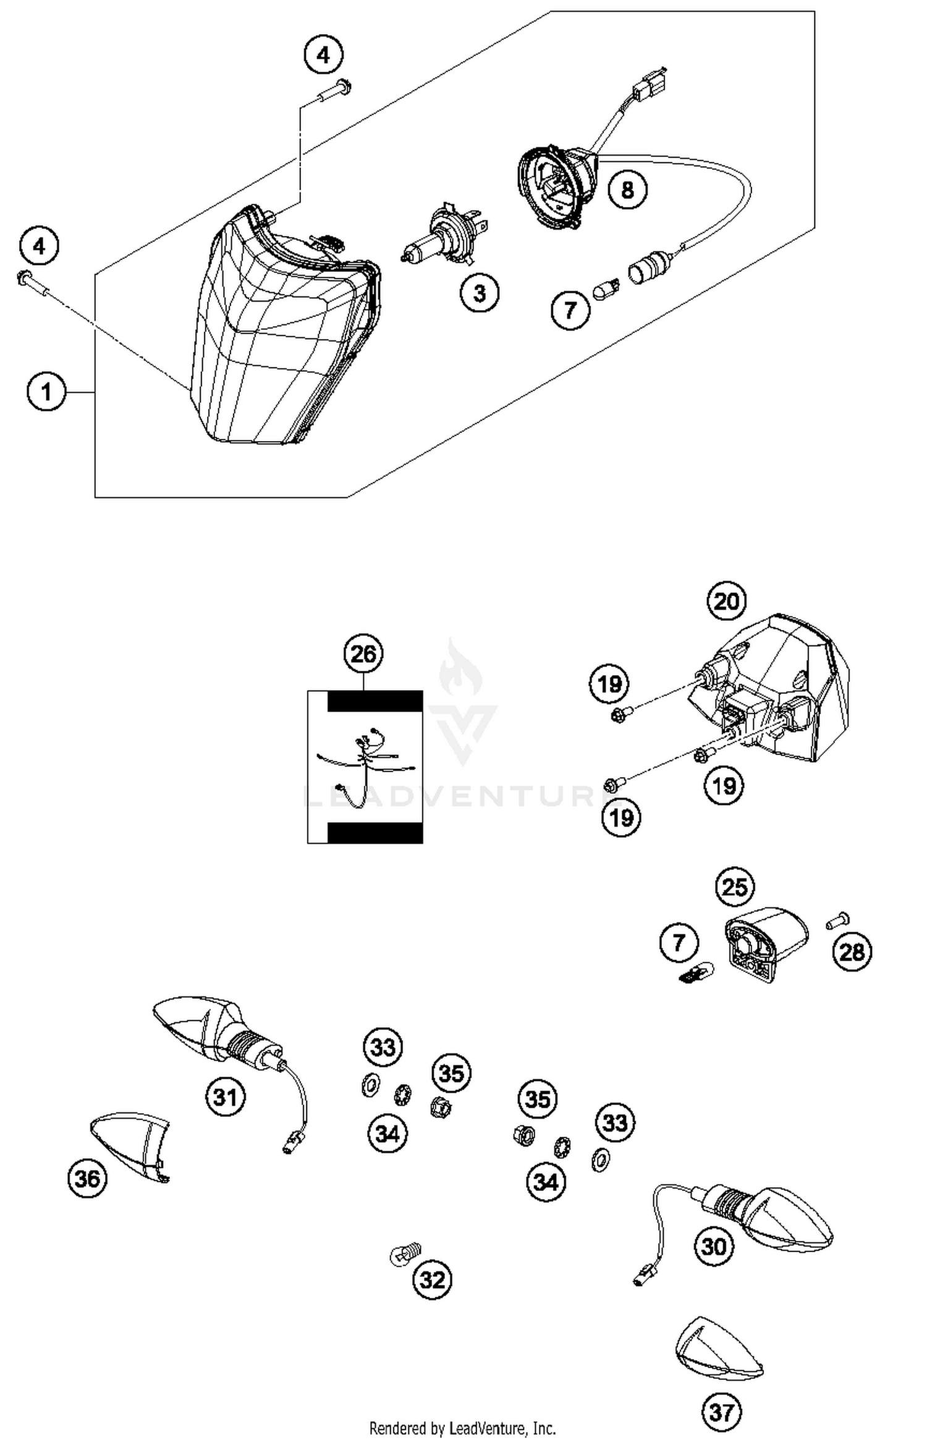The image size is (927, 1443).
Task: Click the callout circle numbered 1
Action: coord(46,392)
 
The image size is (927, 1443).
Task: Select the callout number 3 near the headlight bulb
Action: coord(480,293)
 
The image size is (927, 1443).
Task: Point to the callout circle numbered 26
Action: coord(363,654)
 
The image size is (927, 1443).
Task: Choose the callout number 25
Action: coord(735,887)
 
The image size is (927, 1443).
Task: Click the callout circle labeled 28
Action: coord(852,952)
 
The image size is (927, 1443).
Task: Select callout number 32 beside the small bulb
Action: coord(432,1280)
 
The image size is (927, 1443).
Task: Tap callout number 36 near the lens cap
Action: coord(87,1179)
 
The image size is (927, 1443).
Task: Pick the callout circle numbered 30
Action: coord(714,1247)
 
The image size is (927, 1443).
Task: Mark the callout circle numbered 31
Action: coord(226,1097)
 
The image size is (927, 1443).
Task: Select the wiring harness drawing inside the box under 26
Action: coord(366,767)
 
